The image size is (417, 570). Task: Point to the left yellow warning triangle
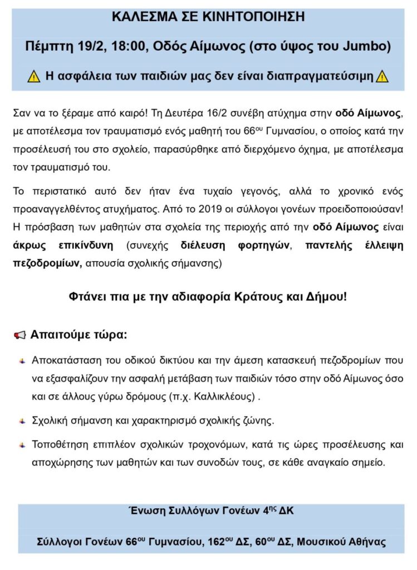(x=34, y=77)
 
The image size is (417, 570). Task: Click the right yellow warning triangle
(x=382, y=77)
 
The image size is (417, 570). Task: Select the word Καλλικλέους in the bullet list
(x=225, y=397)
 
